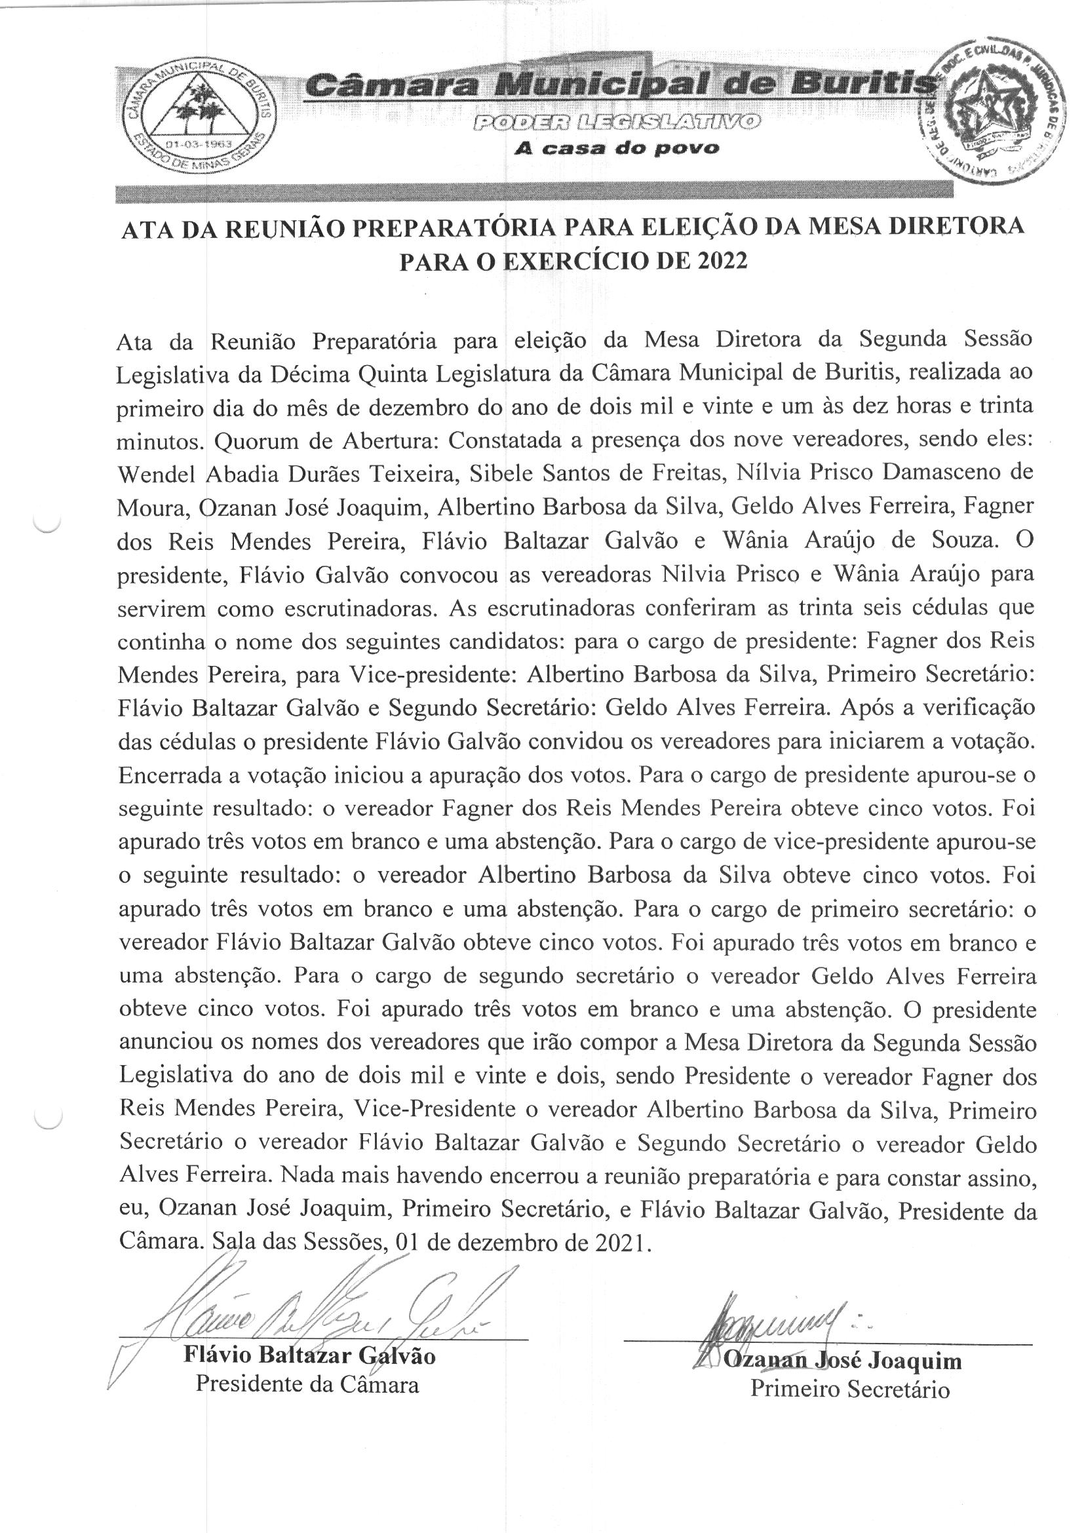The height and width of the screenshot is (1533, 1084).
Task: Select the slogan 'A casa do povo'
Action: pos(616,149)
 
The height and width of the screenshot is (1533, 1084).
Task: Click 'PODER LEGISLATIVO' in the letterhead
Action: pos(616,121)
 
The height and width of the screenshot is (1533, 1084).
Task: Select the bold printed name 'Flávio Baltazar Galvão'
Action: pos(310,1356)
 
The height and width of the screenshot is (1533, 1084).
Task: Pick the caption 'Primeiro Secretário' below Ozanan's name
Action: pos(849,1389)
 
